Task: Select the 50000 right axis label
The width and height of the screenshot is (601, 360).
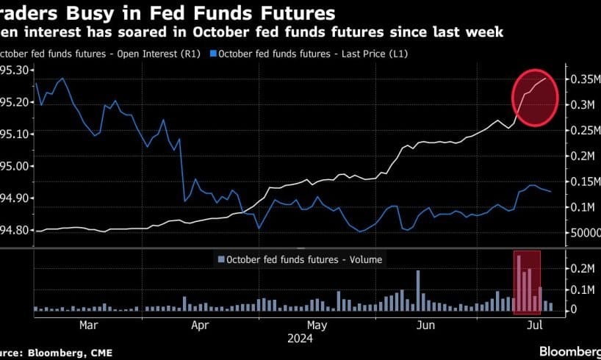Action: coord(585,233)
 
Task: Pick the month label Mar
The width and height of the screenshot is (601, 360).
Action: coord(88,323)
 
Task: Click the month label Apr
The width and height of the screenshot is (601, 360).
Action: coord(200,323)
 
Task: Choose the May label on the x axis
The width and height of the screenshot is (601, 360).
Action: coord(317,323)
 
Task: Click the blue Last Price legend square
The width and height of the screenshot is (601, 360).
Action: coord(213,54)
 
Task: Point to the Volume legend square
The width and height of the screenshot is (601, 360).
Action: coord(220,259)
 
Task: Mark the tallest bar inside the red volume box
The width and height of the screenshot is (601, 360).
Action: coord(519,284)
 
